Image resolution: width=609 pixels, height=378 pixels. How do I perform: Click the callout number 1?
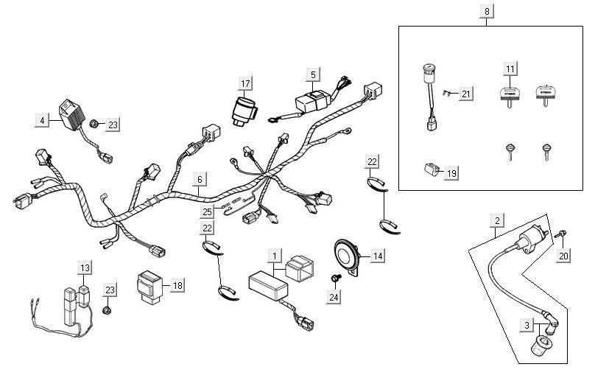pyautogui.click(x=275, y=256)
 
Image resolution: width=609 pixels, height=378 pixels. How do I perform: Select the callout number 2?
pyautogui.click(x=498, y=220)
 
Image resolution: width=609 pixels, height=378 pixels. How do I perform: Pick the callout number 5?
pyautogui.click(x=313, y=74)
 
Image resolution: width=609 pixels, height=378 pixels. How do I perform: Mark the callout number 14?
pyautogui.click(x=377, y=256)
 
